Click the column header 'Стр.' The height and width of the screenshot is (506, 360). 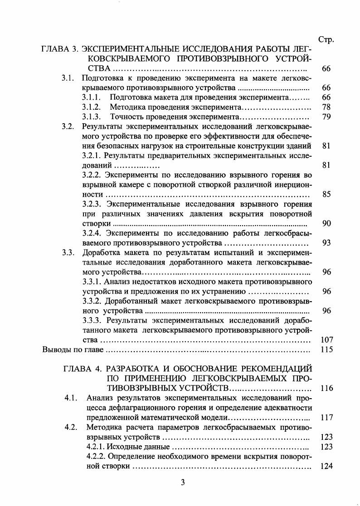click(326, 39)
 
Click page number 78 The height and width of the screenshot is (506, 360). click(326, 107)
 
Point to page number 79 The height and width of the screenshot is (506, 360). click(326, 117)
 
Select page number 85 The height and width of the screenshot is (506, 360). click(326, 194)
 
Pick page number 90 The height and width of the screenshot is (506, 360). click(326, 223)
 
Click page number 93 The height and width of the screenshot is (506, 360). click(326, 243)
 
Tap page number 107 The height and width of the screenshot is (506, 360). click(326, 340)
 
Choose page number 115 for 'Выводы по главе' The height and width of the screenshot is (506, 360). click(326, 349)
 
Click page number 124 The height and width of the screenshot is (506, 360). click(326, 466)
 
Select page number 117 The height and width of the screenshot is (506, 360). click(326, 417)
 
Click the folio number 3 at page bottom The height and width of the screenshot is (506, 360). click(182, 482)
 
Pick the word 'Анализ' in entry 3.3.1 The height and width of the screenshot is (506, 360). click(119, 282)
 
